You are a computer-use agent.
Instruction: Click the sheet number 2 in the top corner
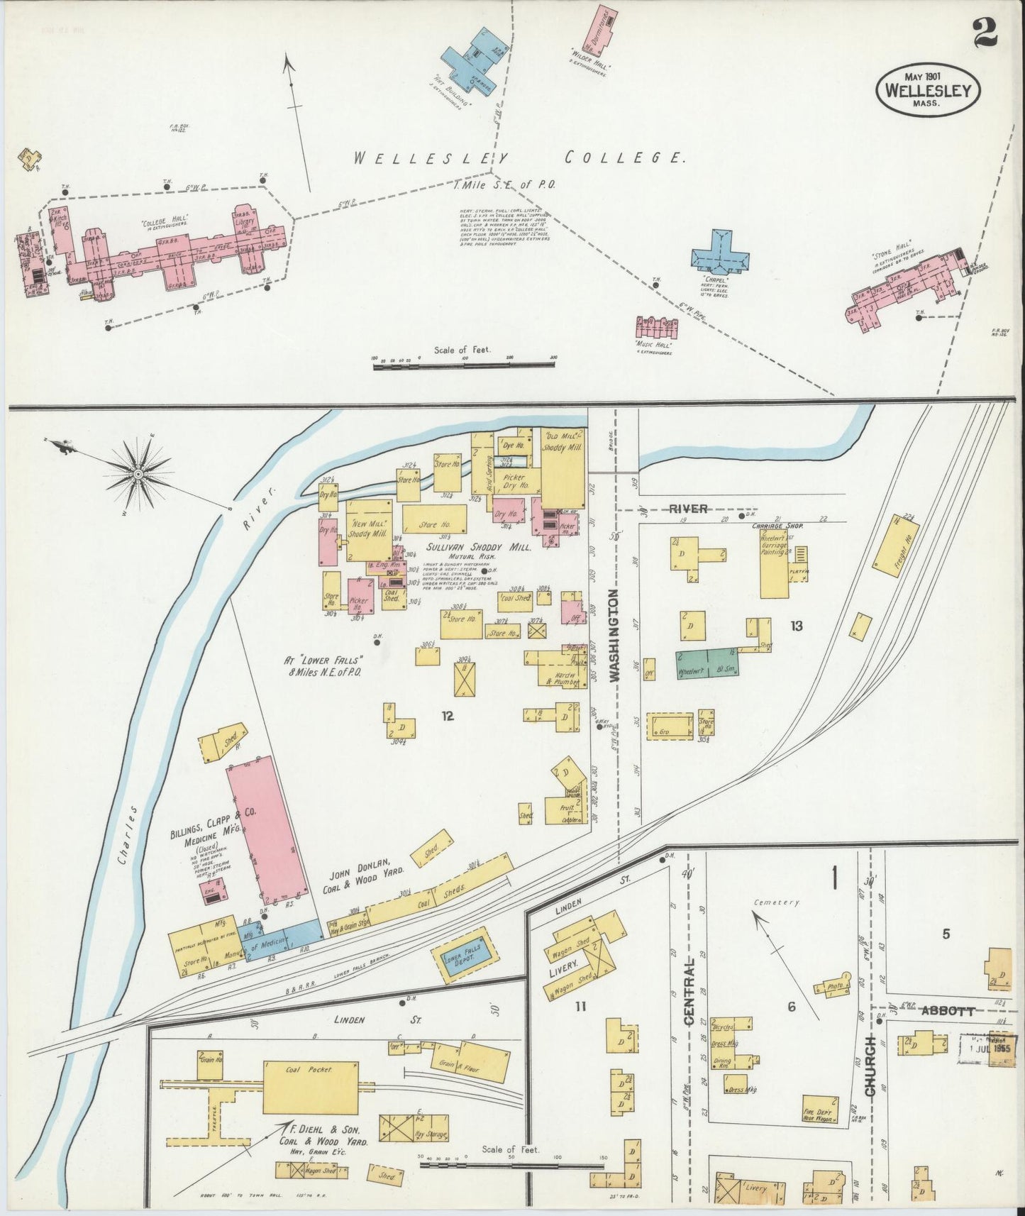(x=985, y=32)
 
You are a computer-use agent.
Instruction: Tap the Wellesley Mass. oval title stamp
(x=929, y=89)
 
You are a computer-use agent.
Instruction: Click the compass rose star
(x=139, y=471)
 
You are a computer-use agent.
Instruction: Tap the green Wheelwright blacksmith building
(x=707, y=663)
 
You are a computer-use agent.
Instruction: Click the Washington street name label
(x=615, y=635)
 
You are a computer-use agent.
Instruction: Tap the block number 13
(x=797, y=625)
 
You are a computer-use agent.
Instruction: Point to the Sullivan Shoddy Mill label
(x=479, y=548)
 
